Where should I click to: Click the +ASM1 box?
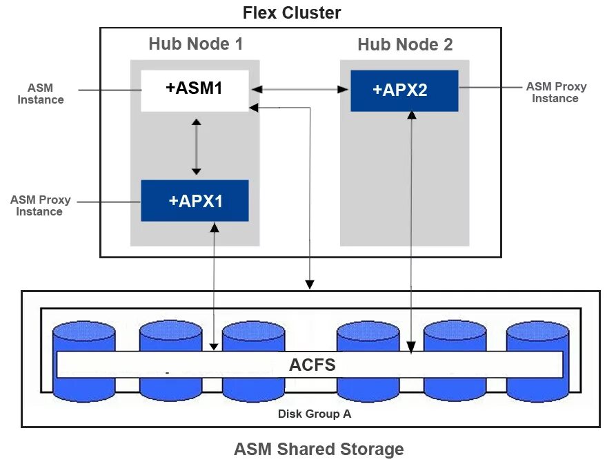pyautogui.click(x=195, y=91)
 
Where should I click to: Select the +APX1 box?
pyautogui.click(x=195, y=200)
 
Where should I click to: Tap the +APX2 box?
pyautogui.click(x=404, y=91)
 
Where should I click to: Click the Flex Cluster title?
pyautogui.click(x=292, y=12)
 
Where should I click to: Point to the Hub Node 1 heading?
pyautogui.click(x=196, y=44)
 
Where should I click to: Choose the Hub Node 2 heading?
pyautogui.click(x=405, y=44)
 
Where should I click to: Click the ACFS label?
pyautogui.click(x=312, y=365)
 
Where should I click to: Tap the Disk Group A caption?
pyautogui.click(x=315, y=414)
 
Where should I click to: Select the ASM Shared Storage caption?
pyautogui.click(x=319, y=449)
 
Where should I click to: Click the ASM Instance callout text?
pyautogui.click(x=41, y=94)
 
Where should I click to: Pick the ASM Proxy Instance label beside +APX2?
pyautogui.click(x=556, y=93)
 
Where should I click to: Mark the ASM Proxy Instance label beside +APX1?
pyautogui.click(x=40, y=206)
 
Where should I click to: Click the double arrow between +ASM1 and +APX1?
pyautogui.click(x=197, y=146)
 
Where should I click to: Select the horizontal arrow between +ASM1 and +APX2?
pyautogui.click(x=300, y=89)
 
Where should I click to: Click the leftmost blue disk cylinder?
pyautogui.click(x=84, y=361)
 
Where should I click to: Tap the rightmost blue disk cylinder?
pyautogui.click(x=537, y=361)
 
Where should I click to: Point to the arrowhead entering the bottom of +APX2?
pyautogui.click(x=412, y=115)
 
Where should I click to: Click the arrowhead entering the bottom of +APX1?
pyautogui.click(x=215, y=227)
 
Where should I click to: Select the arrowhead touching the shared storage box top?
pyautogui.click(x=310, y=285)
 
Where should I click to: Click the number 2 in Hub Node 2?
pyautogui.click(x=448, y=44)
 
